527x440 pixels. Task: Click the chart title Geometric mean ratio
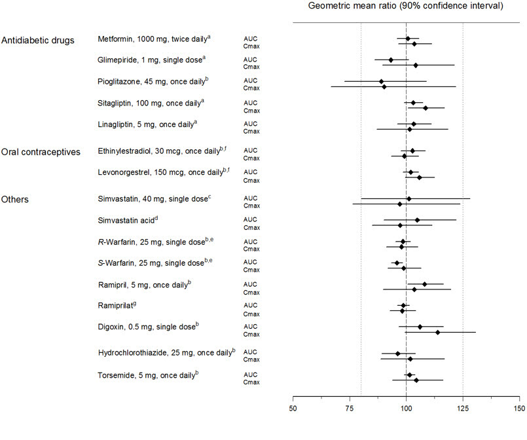(405, 7)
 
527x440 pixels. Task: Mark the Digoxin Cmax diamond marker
(437, 333)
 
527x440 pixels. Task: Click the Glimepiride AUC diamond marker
(391, 60)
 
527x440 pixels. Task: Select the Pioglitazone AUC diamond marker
(381, 82)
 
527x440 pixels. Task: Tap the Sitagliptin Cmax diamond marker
(426, 108)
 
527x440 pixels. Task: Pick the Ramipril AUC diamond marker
(424, 284)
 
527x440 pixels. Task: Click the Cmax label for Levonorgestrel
(251, 177)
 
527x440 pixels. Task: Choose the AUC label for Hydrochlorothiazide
(250, 352)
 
